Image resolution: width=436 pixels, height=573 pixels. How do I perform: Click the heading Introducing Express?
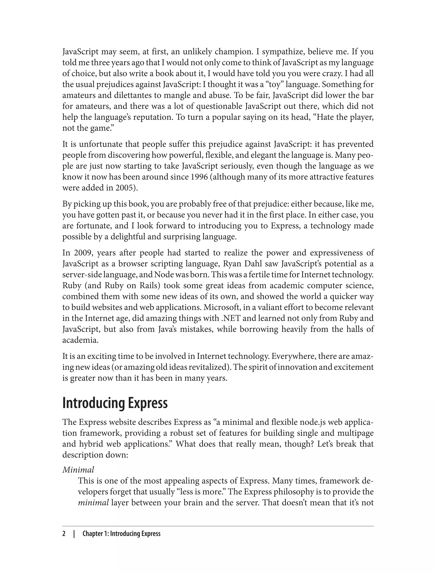pos(115,403)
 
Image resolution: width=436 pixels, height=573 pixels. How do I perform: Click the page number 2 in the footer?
pos(64,534)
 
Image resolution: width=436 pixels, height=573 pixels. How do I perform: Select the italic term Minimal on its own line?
pos(78,470)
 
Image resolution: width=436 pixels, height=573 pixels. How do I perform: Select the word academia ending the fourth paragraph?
pos(80,340)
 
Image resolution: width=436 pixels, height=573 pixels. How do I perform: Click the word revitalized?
pos(208,367)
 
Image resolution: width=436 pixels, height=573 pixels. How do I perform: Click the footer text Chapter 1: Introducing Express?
pos(122,534)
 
